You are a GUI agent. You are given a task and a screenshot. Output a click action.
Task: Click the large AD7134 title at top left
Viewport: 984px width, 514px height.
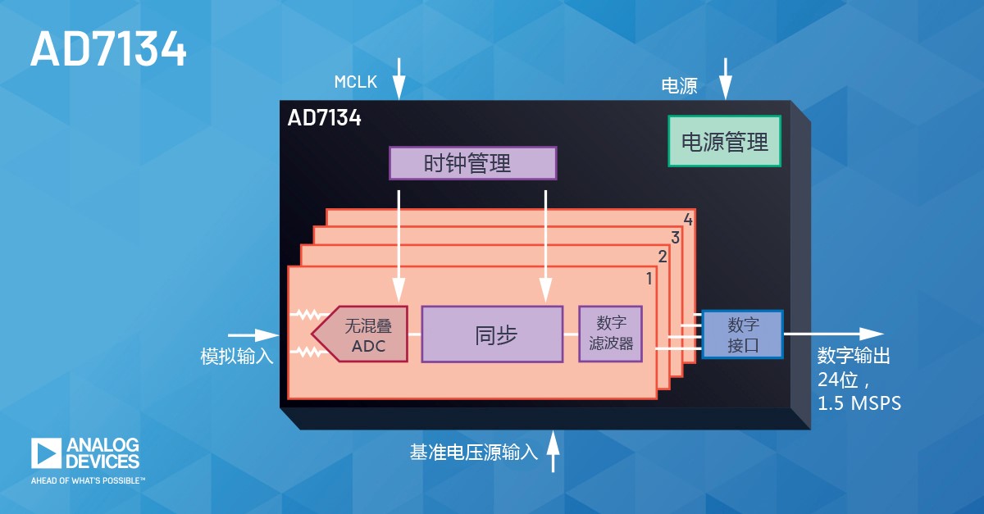[108, 48]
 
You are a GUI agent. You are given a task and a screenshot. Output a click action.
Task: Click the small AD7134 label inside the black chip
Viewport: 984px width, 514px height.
[324, 118]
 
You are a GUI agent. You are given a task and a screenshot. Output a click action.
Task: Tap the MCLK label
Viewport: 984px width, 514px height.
[355, 82]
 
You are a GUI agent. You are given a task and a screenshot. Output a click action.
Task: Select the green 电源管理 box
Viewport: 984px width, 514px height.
[724, 141]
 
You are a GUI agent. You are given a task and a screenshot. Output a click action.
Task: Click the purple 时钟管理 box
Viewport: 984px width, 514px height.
[472, 163]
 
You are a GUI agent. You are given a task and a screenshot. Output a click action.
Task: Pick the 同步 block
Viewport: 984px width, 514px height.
[492, 334]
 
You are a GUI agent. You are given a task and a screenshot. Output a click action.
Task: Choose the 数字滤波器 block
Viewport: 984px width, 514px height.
[611, 334]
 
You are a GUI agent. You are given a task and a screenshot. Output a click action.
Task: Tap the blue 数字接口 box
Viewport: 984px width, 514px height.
[742, 334]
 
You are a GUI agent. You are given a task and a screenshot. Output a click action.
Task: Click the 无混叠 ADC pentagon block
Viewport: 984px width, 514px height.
[359, 334]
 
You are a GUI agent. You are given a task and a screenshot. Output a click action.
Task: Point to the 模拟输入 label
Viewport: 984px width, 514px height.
[237, 356]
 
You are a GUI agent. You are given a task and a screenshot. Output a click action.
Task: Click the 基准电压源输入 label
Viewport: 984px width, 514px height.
[474, 452]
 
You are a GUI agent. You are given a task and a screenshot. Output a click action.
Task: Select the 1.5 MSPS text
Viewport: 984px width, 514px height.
[859, 403]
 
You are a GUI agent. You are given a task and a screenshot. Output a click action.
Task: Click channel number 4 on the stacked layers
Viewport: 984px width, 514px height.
[688, 220]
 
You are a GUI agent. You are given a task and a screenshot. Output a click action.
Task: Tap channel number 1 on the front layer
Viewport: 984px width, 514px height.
[649, 278]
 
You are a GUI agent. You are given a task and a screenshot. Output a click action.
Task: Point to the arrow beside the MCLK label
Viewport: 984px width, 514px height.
[399, 79]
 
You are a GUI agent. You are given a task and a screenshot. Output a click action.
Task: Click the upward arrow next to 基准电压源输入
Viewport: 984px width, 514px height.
[553, 451]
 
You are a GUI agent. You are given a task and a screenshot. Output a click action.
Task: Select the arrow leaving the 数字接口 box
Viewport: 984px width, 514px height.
[834, 334]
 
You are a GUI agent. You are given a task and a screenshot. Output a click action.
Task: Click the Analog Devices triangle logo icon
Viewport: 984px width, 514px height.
[46, 453]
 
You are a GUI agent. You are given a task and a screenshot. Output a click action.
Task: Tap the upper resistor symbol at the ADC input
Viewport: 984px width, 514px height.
[310, 315]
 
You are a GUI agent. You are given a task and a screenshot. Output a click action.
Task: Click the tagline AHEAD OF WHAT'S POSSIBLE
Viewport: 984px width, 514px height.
[88, 480]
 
